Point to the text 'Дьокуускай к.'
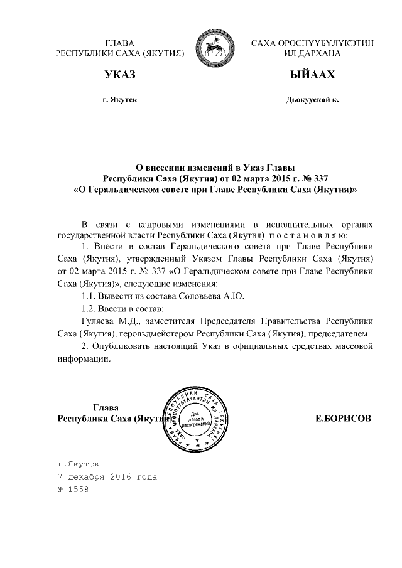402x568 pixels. tap(312, 100)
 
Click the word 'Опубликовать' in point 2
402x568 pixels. tap(121, 346)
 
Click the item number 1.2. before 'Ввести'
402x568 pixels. tap(91, 308)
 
